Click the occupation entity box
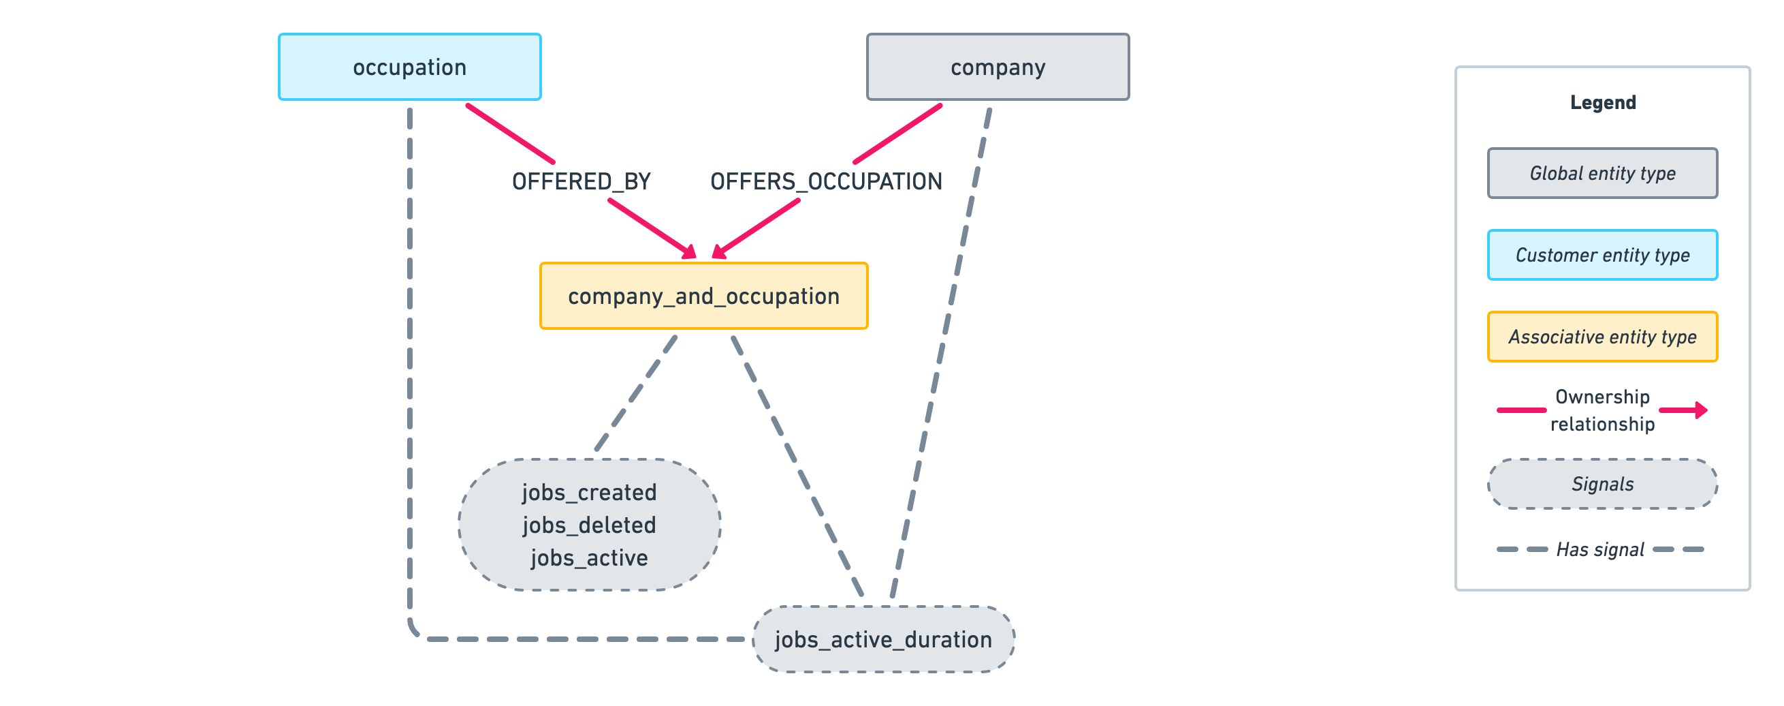[x=409, y=67]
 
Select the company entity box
[x=998, y=67]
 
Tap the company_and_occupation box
[x=703, y=296]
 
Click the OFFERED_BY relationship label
[x=581, y=181]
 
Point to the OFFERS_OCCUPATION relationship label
[x=825, y=181]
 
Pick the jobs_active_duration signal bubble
[x=883, y=639]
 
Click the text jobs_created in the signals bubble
[x=589, y=493]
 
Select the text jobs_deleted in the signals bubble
[x=589, y=525]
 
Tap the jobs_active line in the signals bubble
[x=589, y=557]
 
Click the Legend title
[x=1603, y=102]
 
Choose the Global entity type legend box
[x=1603, y=173]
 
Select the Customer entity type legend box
[x=1603, y=255]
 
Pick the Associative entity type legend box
[x=1603, y=337]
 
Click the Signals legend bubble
[x=1603, y=484]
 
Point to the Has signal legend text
[x=1599, y=549]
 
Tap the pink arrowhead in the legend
[x=1701, y=410]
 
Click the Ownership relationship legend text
[x=1603, y=410]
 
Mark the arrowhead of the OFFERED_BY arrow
[x=690, y=253]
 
